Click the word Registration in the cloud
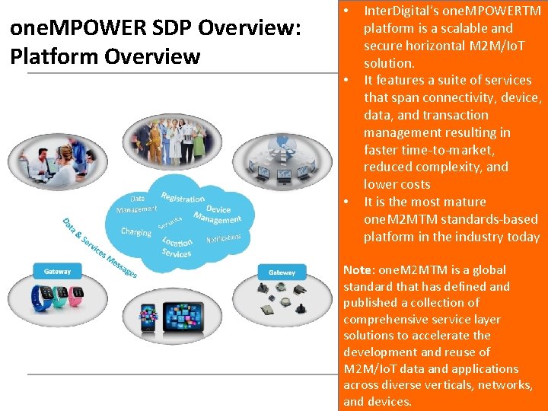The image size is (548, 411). (x=183, y=197)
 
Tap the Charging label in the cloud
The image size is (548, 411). (x=136, y=231)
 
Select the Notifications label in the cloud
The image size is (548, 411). (x=223, y=239)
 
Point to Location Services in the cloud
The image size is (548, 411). (x=177, y=247)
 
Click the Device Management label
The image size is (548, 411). (x=218, y=214)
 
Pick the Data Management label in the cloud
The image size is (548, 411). (x=137, y=204)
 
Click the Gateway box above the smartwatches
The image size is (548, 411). (x=58, y=271)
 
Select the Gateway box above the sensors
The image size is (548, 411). (x=282, y=272)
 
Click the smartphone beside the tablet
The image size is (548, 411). (x=149, y=324)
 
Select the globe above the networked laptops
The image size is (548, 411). (x=282, y=144)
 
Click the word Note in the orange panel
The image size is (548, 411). (x=357, y=270)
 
